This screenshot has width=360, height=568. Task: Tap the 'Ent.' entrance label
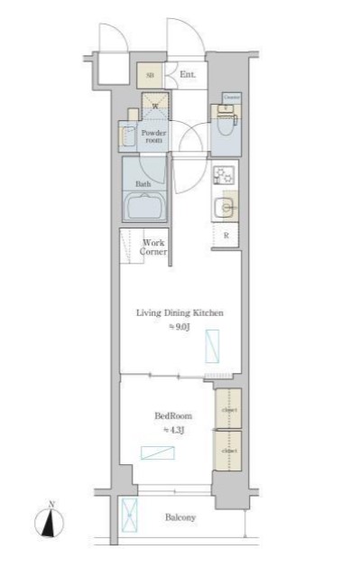(188, 75)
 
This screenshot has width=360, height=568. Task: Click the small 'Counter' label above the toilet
(231, 97)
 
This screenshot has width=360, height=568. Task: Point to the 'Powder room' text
(152, 135)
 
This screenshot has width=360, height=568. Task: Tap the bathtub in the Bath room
(145, 207)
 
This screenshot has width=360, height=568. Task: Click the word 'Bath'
(143, 183)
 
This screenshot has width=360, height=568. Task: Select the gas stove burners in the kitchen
(223, 175)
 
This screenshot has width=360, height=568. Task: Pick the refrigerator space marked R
(225, 236)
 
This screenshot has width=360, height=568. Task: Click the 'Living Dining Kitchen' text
(180, 312)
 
